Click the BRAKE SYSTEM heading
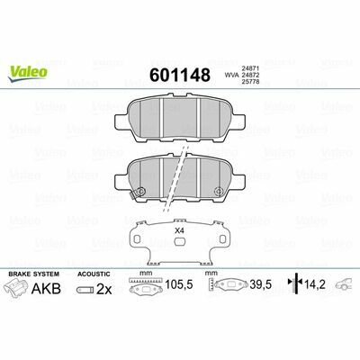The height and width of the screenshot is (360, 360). [32, 272]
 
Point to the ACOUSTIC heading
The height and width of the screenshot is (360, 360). [94, 272]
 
